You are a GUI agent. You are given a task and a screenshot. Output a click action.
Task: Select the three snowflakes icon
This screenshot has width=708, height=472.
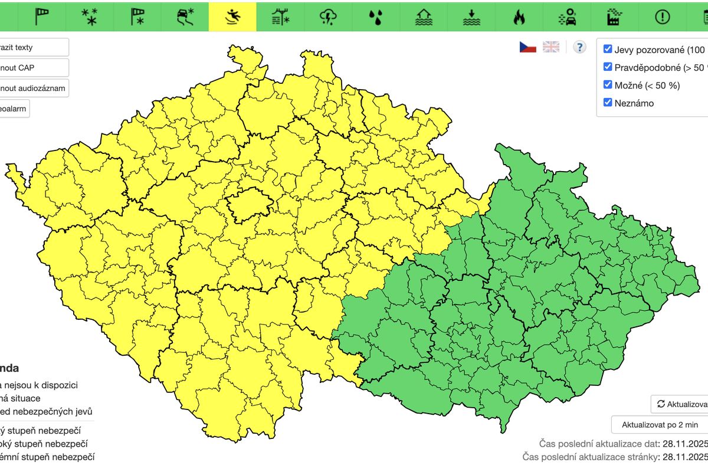click(x=89, y=17)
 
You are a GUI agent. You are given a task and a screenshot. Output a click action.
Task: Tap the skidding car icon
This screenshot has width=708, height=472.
click(x=185, y=17)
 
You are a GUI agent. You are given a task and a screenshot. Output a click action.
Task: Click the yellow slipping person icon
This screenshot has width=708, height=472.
click(x=232, y=17)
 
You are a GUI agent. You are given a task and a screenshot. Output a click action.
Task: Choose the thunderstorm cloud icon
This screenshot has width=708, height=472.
click(x=328, y=17)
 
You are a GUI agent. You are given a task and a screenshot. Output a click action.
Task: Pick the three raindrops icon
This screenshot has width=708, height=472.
click(x=376, y=17)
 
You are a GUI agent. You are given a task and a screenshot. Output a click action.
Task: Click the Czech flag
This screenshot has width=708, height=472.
click(x=527, y=47)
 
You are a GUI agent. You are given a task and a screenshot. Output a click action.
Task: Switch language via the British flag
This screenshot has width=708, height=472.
click(x=551, y=47)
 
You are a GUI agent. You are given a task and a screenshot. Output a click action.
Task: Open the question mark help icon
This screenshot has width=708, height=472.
click(x=580, y=47)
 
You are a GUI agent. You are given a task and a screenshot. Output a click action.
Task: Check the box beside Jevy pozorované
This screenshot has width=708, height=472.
click(x=608, y=49)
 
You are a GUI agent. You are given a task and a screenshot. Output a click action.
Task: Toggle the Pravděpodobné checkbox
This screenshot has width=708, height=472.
click(x=608, y=67)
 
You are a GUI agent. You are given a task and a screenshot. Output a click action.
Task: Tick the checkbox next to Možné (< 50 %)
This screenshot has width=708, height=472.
click(x=608, y=85)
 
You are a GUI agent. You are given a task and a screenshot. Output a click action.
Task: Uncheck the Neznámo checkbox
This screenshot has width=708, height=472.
click(x=608, y=103)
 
